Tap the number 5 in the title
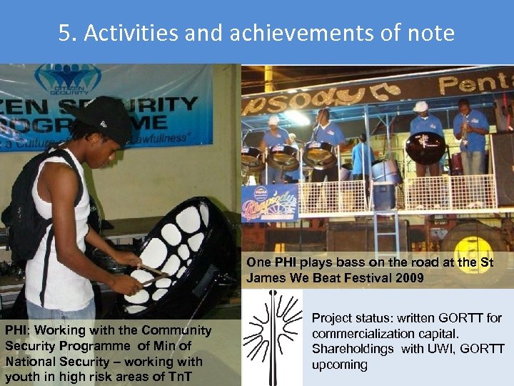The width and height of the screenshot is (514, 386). pos(65,33)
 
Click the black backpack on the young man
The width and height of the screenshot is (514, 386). pos(29,207)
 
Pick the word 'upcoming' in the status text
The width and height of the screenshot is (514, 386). pos(339,365)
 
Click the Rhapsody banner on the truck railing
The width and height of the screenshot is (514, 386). pos(269,203)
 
